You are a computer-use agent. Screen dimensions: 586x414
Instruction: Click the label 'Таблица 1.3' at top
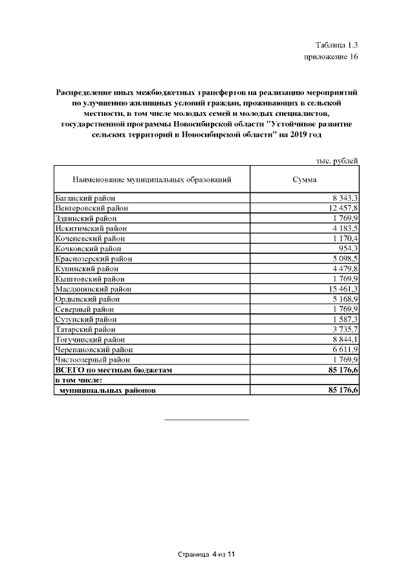336,45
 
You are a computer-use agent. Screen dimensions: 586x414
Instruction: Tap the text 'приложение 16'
331,57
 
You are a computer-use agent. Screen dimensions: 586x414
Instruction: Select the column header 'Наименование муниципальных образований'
151,179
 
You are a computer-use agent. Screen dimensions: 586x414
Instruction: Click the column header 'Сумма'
304,179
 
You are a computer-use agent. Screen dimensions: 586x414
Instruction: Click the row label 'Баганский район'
85,197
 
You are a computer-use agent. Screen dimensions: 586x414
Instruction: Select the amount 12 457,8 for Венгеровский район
343,208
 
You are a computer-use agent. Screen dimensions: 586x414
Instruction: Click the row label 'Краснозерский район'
93,258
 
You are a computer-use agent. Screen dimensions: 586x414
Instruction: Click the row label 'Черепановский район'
94,349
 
